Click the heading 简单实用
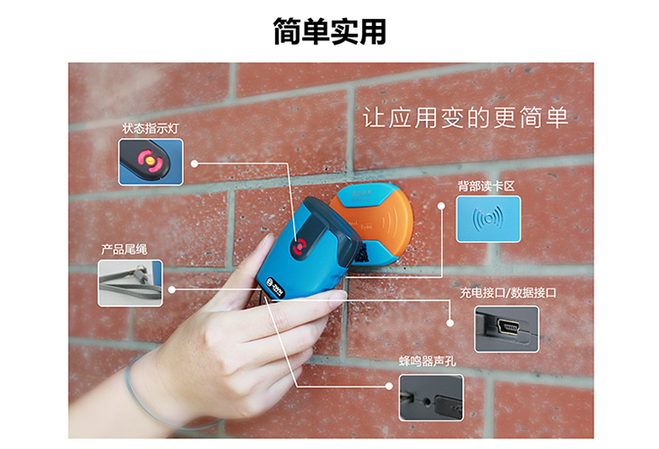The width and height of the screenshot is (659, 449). tap(330, 31)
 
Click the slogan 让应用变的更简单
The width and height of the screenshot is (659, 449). tap(465, 117)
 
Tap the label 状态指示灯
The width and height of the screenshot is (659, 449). tap(151, 128)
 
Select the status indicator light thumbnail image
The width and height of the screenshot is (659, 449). tap(151, 162)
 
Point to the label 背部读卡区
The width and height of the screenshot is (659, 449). tap(486, 186)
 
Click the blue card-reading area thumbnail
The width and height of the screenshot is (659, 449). tap(489, 219)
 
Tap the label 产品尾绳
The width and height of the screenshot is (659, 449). tap(125, 249)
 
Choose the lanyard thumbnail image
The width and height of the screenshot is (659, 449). tap(130, 283)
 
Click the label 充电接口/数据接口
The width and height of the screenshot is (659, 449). tap(507, 293)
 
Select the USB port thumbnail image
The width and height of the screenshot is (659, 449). tap(507, 329)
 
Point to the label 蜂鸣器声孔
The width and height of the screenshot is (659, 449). tap(428, 361)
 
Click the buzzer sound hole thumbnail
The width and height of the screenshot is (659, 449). tap(431, 398)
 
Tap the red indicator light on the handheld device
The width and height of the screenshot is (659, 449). tap(300, 246)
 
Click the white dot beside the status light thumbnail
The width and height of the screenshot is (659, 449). tap(195, 163)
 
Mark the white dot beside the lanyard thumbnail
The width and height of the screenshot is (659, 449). tap(171, 289)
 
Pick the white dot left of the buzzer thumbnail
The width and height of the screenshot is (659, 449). tap(389, 386)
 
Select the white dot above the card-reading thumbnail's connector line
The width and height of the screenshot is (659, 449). tap(441, 206)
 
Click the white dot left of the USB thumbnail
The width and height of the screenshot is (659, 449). tap(450, 323)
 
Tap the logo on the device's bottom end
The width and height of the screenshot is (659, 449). tap(276, 287)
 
